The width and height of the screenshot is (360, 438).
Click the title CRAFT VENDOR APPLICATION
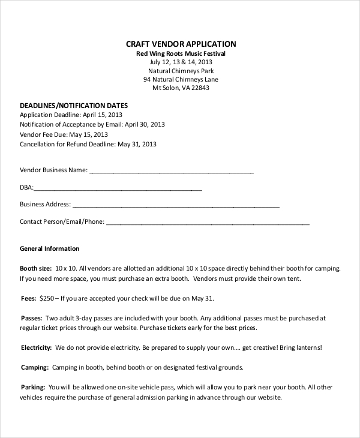pyautogui.click(x=181, y=44)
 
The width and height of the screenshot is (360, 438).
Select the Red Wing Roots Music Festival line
pyautogui.click(x=181, y=53)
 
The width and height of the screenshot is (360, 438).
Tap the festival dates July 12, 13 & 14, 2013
pyautogui.click(x=181, y=62)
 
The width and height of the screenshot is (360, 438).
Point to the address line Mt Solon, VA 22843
pyautogui.click(x=181, y=88)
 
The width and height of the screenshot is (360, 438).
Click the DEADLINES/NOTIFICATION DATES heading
pyautogui.click(x=74, y=105)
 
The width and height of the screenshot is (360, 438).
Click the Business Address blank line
pyautogui.click(x=176, y=205)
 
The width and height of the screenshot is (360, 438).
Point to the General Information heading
pyautogui.click(x=50, y=248)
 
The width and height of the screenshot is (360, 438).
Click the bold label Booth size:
pyautogui.click(x=36, y=268)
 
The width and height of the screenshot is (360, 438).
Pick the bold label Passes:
pyautogui.click(x=31, y=318)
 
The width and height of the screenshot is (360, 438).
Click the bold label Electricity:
pyautogui.click(x=37, y=347)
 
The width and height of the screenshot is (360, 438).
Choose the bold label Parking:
pyautogui.click(x=34, y=387)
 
